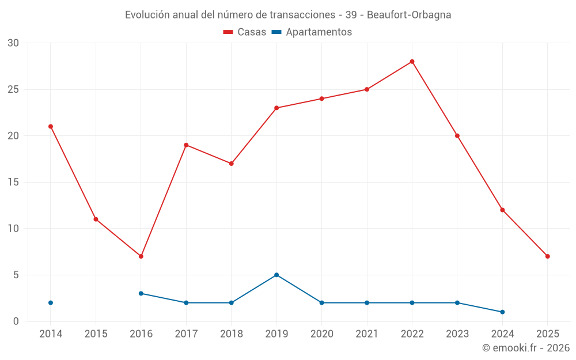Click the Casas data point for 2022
412,62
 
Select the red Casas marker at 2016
141,256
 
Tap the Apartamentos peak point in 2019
276,275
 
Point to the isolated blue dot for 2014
51,303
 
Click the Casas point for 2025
547,256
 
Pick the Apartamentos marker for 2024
502,312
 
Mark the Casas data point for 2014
51,127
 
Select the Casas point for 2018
232,164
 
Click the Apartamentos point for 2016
141,293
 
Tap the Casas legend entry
245,32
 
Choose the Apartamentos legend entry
312,32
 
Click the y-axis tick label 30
13,43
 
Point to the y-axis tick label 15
13,183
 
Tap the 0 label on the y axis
16,321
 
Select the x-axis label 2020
321,334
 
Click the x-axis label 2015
96,334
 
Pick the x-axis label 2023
457,334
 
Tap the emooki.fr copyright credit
526,348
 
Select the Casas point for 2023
457,136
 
